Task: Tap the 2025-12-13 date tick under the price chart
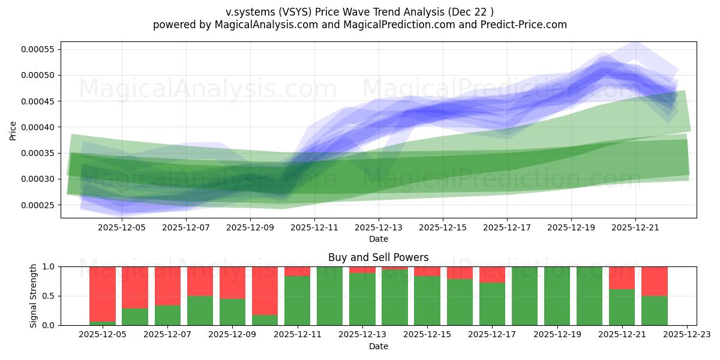point(379,228)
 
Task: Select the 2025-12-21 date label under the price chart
point(635,228)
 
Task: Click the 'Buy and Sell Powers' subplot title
point(378,257)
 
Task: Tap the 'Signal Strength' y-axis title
point(34,296)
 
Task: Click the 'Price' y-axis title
point(13,130)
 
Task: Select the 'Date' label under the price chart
point(378,239)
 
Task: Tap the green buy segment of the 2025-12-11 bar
point(297,301)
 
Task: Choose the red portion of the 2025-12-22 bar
point(655,281)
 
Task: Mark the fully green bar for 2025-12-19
point(557,296)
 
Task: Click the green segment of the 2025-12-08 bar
point(200,310)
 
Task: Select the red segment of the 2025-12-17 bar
point(492,274)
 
